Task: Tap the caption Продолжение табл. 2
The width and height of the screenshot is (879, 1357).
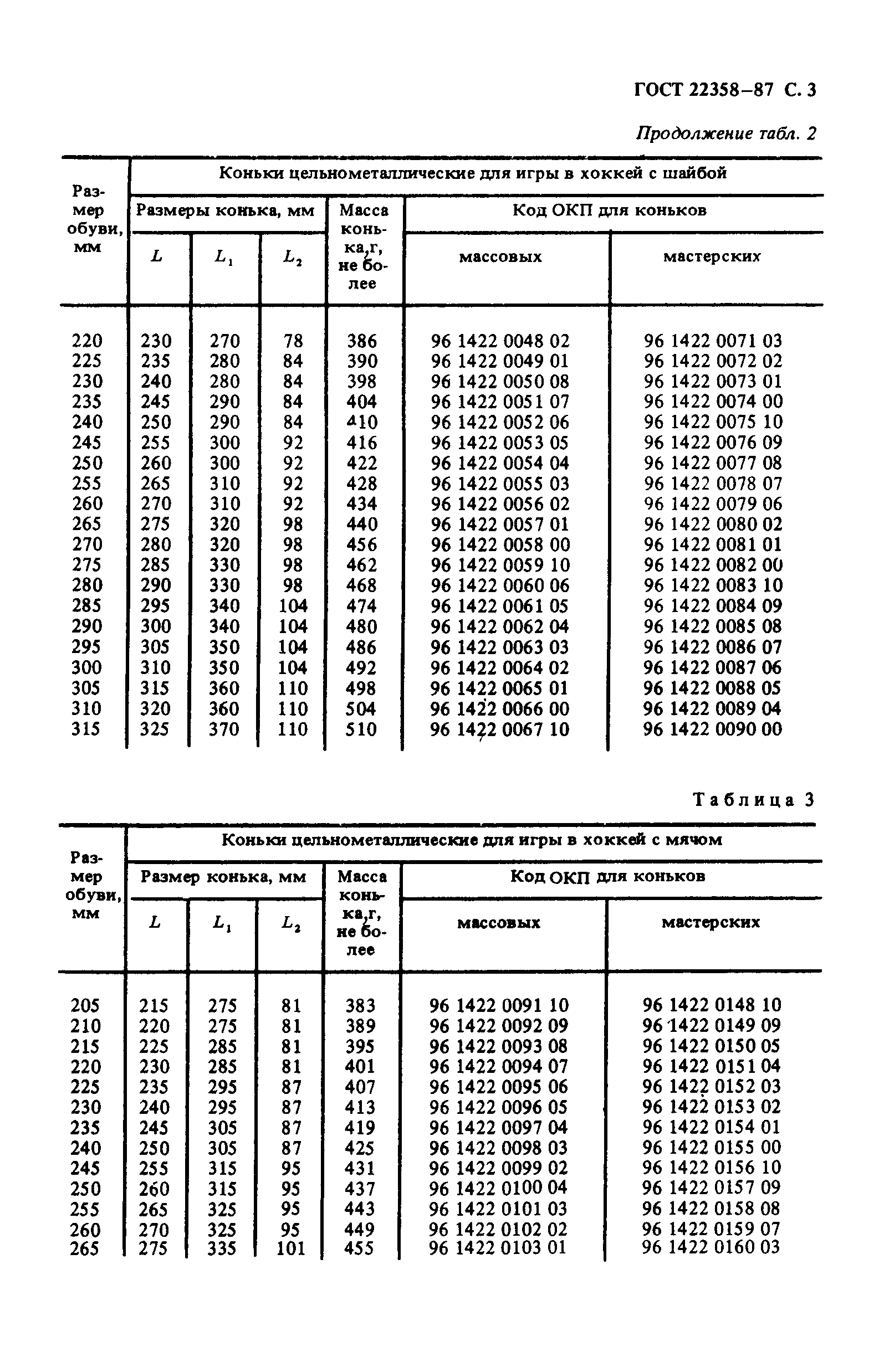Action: click(x=725, y=133)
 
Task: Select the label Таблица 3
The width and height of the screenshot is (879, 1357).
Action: click(x=753, y=800)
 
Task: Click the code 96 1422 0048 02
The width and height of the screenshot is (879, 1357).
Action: click(x=500, y=341)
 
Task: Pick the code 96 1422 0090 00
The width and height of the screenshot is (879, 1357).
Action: click(x=712, y=729)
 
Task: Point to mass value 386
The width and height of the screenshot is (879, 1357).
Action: click(x=362, y=341)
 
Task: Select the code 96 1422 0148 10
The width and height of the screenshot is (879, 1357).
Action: click(x=711, y=1005)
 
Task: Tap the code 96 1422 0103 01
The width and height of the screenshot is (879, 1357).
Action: click(x=497, y=1247)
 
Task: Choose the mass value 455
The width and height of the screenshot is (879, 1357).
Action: click(x=359, y=1248)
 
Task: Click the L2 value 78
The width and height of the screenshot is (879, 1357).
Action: click(x=293, y=341)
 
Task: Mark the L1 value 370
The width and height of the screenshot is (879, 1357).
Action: click(x=224, y=729)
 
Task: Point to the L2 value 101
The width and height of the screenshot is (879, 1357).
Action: click(x=291, y=1248)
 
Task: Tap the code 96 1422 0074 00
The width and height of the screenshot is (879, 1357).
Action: click(x=713, y=402)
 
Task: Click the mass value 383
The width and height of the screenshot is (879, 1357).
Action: click(x=360, y=1005)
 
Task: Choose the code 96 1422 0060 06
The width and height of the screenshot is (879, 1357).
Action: click(x=500, y=585)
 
